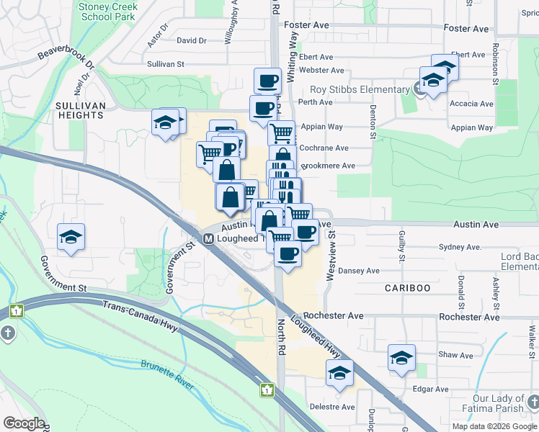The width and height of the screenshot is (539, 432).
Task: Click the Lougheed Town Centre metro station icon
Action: point(208,238)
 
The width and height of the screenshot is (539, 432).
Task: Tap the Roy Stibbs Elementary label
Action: point(359,90)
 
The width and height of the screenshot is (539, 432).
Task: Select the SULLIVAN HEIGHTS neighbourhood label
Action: point(81,110)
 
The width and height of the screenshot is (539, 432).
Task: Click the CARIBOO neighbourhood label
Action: point(406,288)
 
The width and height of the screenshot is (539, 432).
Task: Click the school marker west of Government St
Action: point(71,236)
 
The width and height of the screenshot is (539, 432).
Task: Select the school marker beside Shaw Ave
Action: point(401,357)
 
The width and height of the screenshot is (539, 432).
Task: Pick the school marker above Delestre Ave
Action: point(339,372)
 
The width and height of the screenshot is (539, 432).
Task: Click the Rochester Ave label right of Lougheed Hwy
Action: point(334,315)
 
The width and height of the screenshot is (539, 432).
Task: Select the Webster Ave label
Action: point(321,70)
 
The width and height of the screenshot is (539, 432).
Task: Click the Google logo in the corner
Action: point(24,423)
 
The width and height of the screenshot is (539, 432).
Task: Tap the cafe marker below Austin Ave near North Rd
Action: point(288,255)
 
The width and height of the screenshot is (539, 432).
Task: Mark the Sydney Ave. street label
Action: point(459,247)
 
